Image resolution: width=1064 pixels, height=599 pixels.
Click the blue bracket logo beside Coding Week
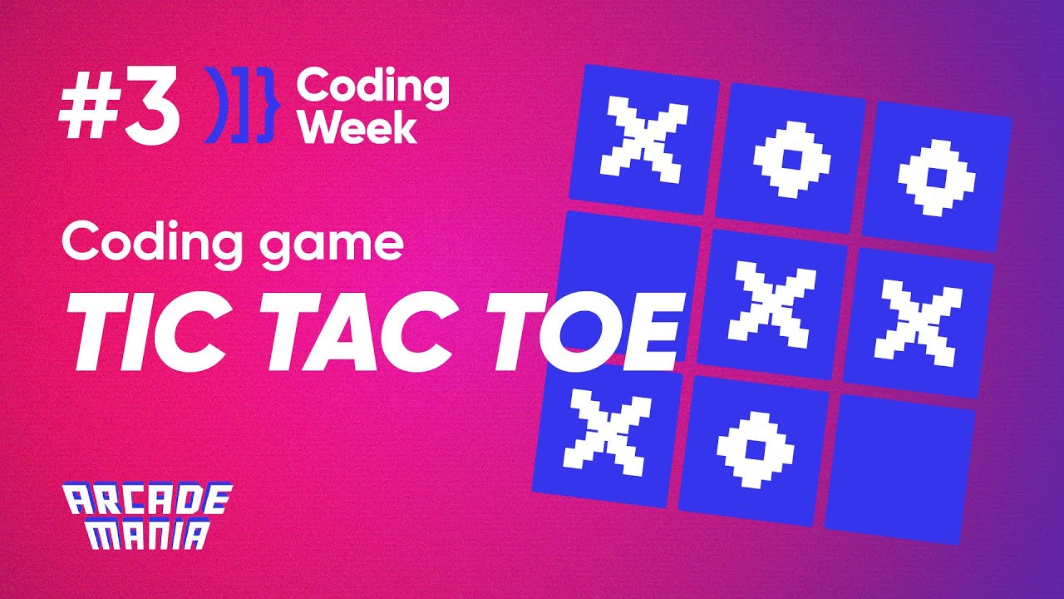tap(239, 107)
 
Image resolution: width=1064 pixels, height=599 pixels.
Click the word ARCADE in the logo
tap(148, 501)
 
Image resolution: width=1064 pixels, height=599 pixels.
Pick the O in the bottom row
tap(755, 449)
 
